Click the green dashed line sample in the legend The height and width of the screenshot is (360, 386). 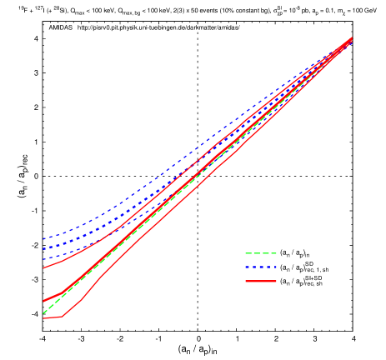[260, 253]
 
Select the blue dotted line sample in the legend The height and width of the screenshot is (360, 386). [260, 267]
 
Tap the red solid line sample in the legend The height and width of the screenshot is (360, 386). [260, 282]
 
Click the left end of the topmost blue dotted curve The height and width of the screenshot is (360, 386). [43, 239]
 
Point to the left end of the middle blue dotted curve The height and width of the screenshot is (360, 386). [43, 248]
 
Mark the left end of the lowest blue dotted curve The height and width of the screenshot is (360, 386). [43, 258]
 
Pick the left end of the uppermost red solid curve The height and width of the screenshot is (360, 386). [43, 268]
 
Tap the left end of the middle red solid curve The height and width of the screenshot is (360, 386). [43, 301]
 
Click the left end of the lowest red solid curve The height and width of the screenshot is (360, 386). [43, 318]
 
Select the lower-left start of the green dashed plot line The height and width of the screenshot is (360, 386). [43, 312]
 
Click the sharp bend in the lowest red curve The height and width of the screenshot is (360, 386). [62, 316]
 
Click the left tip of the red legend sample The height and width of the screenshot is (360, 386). [246, 282]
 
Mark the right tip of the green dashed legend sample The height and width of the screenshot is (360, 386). [276, 253]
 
